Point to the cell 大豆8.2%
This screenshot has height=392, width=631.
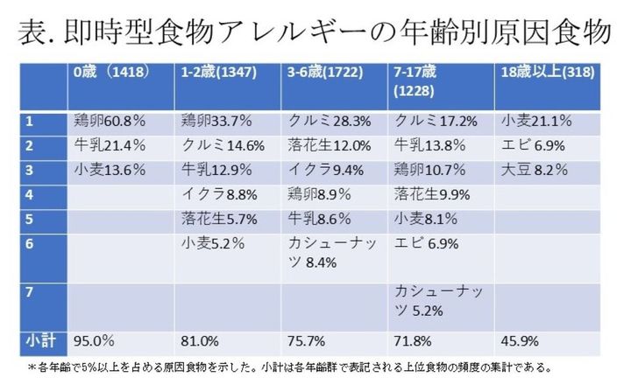pos(524,170)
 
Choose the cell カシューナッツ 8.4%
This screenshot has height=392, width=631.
pos(329,252)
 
